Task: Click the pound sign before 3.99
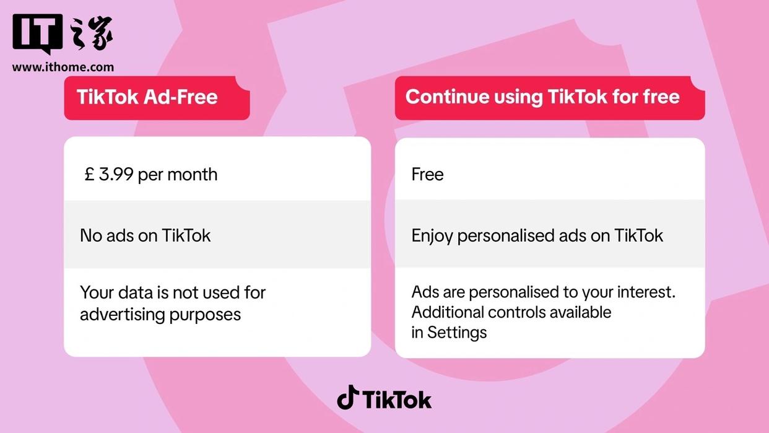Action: [x=89, y=175]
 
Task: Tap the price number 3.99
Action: [x=116, y=175]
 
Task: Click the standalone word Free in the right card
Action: [x=427, y=175]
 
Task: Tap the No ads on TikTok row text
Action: [x=146, y=235]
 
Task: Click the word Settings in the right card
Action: [x=457, y=333]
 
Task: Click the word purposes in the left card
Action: [x=205, y=315]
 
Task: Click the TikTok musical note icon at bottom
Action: [x=348, y=397]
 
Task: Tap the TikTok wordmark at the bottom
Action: [x=397, y=400]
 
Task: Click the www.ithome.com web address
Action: [x=63, y=67]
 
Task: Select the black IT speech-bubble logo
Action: [x=38, y=34]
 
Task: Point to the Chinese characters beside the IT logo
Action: [x=90, y=33]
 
